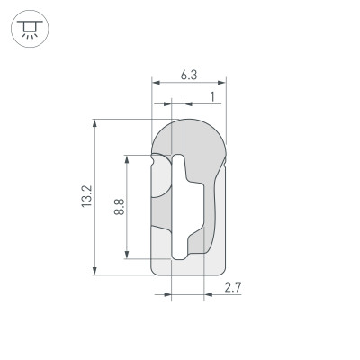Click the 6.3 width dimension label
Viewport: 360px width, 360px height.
[x=189, y=76]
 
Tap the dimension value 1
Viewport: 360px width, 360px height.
[x=211, y=95]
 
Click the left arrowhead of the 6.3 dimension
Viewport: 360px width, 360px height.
[x=155, y=84]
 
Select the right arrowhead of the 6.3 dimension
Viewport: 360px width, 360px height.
[x=223, y=84]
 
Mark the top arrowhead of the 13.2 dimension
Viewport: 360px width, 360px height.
[x=94, y=123]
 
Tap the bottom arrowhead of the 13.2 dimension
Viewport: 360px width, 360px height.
[x=94, y=270]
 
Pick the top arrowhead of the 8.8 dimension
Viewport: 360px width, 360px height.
[x=128, y=158]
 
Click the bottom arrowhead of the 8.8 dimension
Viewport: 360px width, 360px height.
[x=128, y=255]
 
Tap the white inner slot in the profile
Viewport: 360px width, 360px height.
[x=181, y=207]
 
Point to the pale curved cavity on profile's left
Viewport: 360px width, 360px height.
[x=159, y=180]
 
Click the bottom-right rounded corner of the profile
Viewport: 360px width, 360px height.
[x=220, y=268]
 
